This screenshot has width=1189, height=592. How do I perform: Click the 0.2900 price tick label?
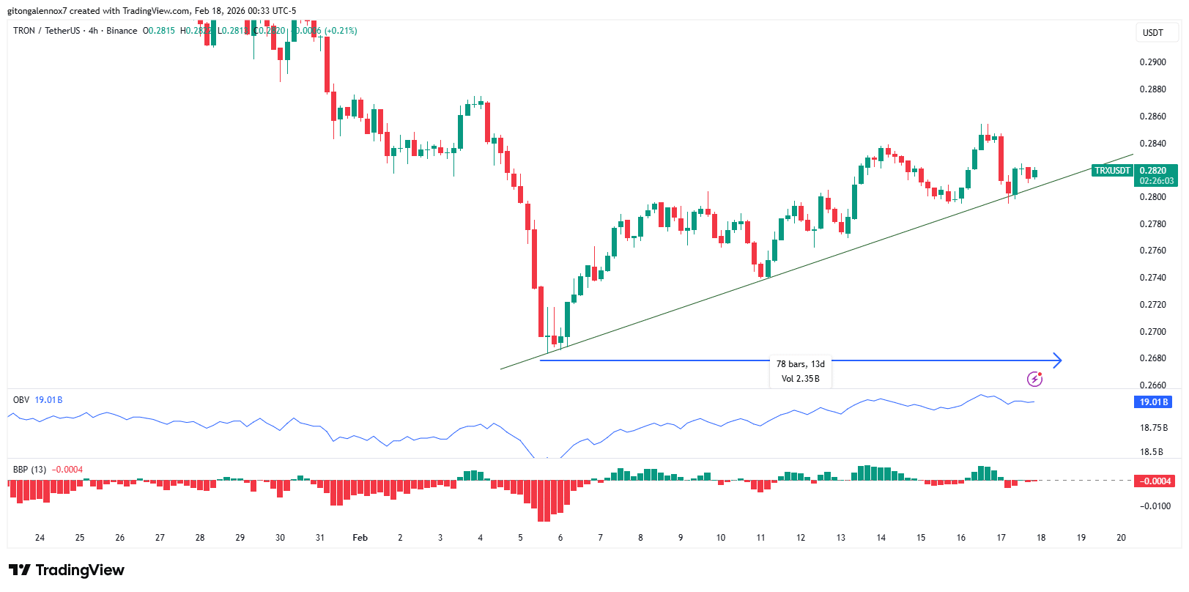1152,62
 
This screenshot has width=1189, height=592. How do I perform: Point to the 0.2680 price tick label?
1152,358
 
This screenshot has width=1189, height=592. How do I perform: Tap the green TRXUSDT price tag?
1112,171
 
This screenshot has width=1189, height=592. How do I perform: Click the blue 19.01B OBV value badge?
1152,402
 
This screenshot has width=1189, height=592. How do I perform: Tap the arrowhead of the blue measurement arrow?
1057,360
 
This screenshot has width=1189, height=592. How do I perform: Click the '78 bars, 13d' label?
800,364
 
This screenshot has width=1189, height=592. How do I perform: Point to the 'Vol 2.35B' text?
800,379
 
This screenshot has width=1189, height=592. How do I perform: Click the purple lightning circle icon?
1034,379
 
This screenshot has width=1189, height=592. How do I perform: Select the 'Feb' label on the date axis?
360,538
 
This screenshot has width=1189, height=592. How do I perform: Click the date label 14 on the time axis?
881,538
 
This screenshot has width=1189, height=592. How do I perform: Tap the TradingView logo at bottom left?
67,570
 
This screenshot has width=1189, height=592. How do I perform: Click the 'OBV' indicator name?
21,400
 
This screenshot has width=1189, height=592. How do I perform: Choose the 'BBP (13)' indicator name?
29,470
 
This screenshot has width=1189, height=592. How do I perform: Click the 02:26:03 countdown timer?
1156,181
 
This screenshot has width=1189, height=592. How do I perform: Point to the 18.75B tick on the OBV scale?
1153,428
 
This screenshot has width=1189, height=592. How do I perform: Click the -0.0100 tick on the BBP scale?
1154,506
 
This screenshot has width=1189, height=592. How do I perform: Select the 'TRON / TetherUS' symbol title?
47,31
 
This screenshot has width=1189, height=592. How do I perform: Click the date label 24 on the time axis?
40,538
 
